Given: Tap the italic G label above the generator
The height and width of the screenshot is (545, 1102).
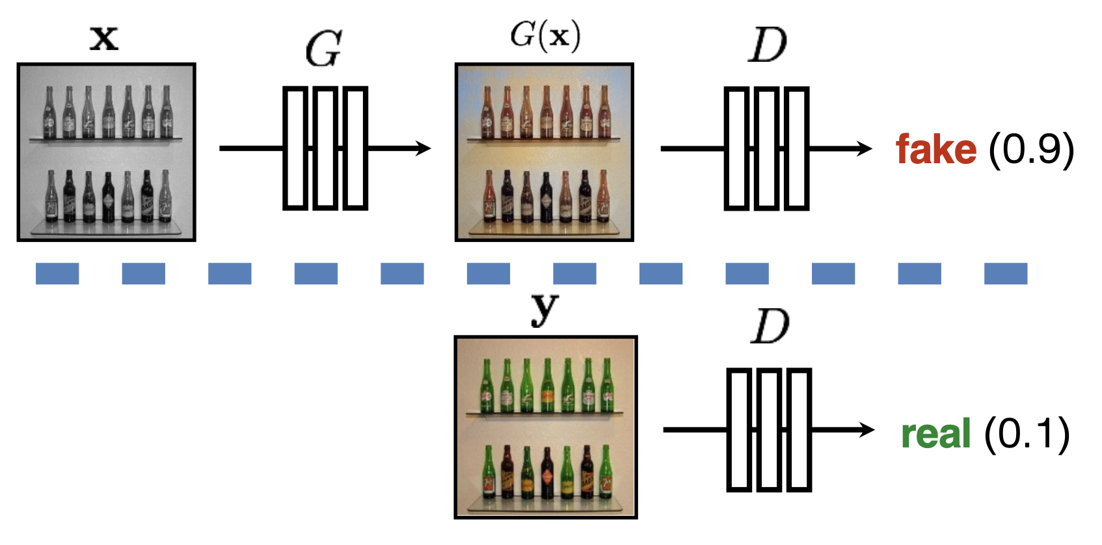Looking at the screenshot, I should pos(323,49).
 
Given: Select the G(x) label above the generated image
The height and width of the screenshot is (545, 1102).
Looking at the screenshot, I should pos(545,35).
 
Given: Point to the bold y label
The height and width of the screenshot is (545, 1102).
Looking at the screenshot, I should pos(544,310).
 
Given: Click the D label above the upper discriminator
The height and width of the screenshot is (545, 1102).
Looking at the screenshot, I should pos(768,46).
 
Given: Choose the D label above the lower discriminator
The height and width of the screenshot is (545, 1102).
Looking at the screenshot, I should pos(770,326).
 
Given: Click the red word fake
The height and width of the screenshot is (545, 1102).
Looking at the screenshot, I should pos(936,150).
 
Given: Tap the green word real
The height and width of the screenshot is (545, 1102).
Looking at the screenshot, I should pos(936,434).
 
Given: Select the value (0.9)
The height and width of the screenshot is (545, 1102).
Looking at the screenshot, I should pos(1031,150).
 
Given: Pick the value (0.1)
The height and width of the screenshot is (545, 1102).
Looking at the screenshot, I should pos(1027,434).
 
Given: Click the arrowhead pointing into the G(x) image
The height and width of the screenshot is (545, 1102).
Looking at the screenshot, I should pos(423,148).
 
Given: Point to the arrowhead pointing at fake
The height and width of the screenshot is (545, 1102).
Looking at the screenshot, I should pos(865,149).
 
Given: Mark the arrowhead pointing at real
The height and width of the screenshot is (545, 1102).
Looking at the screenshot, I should pos(867,430).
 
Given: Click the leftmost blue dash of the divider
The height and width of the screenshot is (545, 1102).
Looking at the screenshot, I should pos(57,274).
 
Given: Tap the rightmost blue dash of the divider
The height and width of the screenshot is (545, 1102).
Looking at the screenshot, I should pos(1005,274).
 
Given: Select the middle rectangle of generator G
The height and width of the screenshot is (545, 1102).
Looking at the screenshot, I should pos(325,148).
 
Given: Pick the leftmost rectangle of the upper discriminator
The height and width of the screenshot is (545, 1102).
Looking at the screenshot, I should pos(736,149).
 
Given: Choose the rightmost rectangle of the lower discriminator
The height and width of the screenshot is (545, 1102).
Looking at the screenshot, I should pos(800,430).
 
